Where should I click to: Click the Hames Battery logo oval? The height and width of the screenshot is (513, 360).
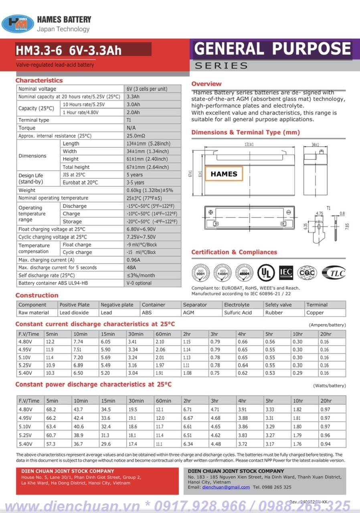tap(18, 24)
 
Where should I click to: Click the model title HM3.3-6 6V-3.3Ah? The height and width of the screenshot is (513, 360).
tap(69, 50)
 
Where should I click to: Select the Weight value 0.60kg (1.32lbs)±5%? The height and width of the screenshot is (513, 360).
tap(147, 190)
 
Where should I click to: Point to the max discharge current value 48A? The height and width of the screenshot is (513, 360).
tap(131, 268)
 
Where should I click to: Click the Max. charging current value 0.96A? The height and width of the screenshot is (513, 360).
tap(134, 260)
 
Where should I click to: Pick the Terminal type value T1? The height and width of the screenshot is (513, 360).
tap(129, 120)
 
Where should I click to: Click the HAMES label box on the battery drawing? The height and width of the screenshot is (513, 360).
tap(224, 174)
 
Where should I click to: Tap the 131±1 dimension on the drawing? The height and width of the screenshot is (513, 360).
tap(249, 144)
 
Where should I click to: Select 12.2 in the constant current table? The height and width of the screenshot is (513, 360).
tap(50, 342)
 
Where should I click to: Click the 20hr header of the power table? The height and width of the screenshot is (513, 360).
tap(326, 401)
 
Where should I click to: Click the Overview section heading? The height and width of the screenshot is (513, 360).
tap(206, 84)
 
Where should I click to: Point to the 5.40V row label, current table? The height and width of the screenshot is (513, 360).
tap(25, 373)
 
